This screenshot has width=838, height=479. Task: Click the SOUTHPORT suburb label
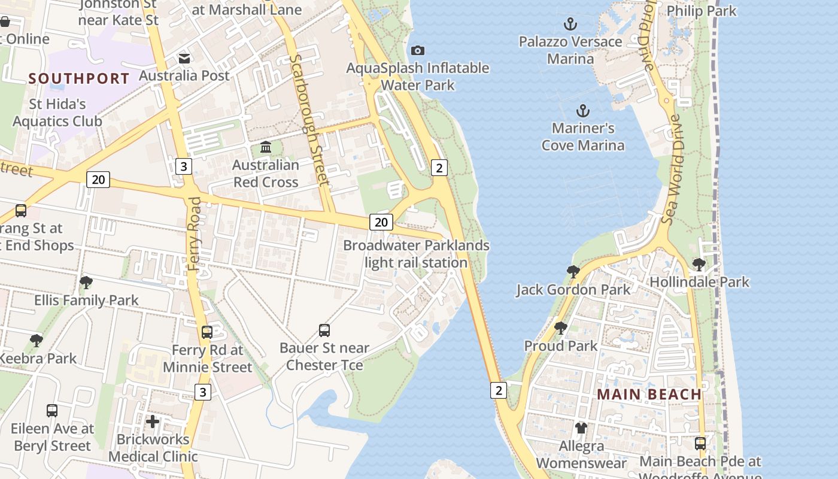click(x=79, y=78)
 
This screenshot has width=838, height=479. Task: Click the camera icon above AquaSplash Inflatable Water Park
click(x=418, y=50)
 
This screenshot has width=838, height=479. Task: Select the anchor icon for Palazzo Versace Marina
click(x=570, y=24)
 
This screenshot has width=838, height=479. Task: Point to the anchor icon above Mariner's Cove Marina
click(x=582, y=111)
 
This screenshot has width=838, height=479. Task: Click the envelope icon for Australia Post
click(x=184, y=58)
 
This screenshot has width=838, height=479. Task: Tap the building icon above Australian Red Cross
click(x=266, y=147)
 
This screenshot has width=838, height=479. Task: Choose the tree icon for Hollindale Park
click(x=699, y=264)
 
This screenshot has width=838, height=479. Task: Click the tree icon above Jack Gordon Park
click(x=573, y=272)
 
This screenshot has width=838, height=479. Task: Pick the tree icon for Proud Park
click(x=560, y=328)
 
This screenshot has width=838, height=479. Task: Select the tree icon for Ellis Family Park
click(x=86, y=282)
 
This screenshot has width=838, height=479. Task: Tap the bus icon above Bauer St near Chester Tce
click(x=324, y=330)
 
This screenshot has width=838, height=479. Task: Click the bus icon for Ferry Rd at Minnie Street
click(x=207, y=332)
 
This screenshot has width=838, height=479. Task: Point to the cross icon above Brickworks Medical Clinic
click(x=153, y=422)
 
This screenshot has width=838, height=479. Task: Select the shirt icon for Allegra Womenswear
click(x=581, y=428)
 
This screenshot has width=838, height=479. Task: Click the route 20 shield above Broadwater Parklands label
click(x=381, y=222)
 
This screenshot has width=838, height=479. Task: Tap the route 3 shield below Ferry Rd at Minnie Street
click(x=203, y=392)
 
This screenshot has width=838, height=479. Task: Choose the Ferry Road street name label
click(x=195, y=234)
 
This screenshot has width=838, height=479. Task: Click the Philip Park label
click(x=701, y=11)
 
